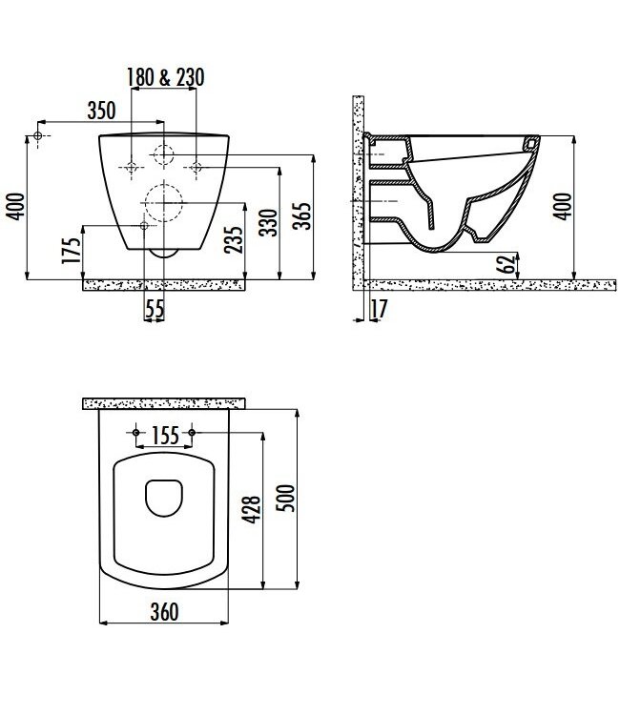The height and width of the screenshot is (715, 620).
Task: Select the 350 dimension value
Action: [100, 110]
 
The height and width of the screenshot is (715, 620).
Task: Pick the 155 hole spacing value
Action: [166, 437]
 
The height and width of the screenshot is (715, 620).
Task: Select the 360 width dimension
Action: [165, 613]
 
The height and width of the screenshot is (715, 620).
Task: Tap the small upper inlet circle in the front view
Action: [163, 155]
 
